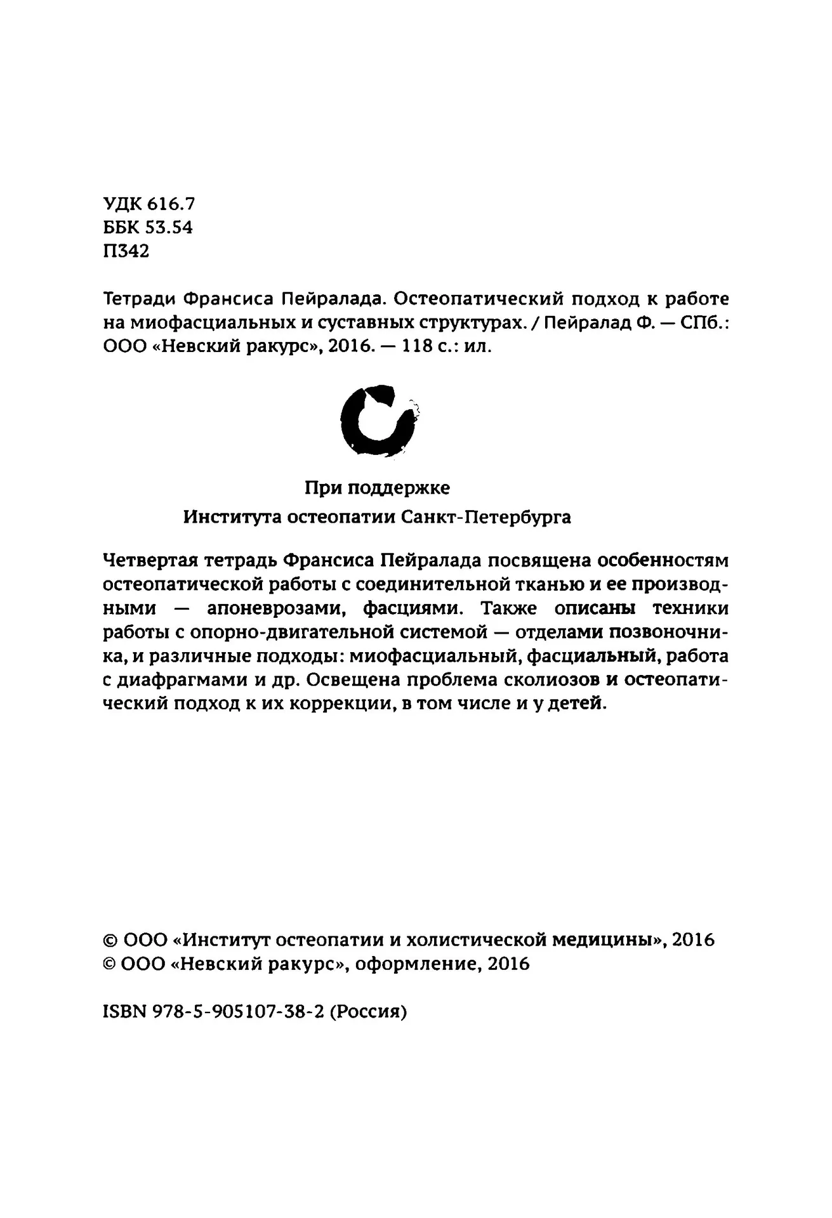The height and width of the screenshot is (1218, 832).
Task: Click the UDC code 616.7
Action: pos(171,204)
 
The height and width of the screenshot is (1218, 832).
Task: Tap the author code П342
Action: pos(126,251)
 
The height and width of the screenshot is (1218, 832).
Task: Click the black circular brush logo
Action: pos(378,419)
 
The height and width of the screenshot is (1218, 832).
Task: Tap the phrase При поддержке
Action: pos(377,488)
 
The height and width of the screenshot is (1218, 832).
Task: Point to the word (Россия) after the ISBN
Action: pos(369,1012)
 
